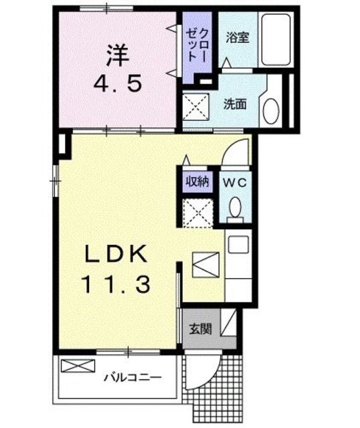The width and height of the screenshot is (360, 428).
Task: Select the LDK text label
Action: tap(115, 255)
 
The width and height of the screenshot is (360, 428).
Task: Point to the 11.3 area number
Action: tap(115, 285)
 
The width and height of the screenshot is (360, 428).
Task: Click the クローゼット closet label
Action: tap(199, 45)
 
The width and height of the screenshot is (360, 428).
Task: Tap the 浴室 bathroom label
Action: tap(237, 37)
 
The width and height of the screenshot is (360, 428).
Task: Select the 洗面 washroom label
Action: tap(235, 104)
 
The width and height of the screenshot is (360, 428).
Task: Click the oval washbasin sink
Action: tap(271, 110)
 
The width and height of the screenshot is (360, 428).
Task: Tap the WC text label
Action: tap(235, 181)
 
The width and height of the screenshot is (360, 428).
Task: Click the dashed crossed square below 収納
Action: tap(196, 212)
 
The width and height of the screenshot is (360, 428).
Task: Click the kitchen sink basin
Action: tap(238, 245)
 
